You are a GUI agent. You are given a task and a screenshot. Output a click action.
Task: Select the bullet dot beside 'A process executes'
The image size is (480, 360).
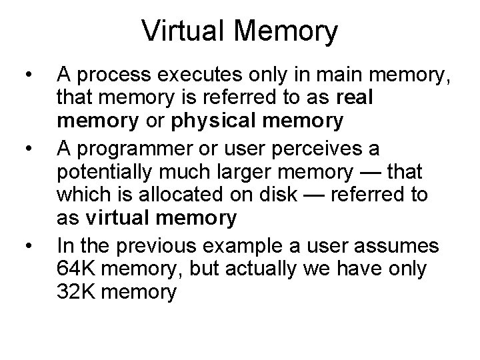[27, 73]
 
